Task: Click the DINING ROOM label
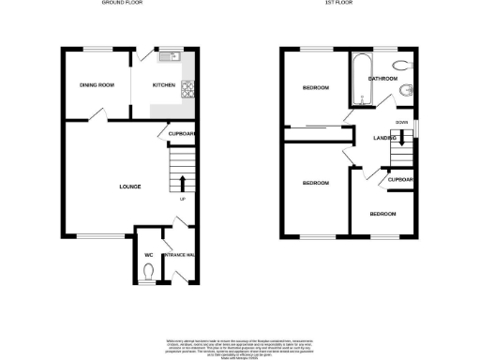[97, 85]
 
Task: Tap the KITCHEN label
[165, 85]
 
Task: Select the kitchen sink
[168, 57]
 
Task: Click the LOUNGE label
[130, 187]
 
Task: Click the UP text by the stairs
[181, 198]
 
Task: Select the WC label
[148, 254]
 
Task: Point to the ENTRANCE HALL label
[178, 255]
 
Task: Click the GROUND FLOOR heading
[119, 4]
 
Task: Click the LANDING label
[385, 139]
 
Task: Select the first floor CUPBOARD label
[401, 179]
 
